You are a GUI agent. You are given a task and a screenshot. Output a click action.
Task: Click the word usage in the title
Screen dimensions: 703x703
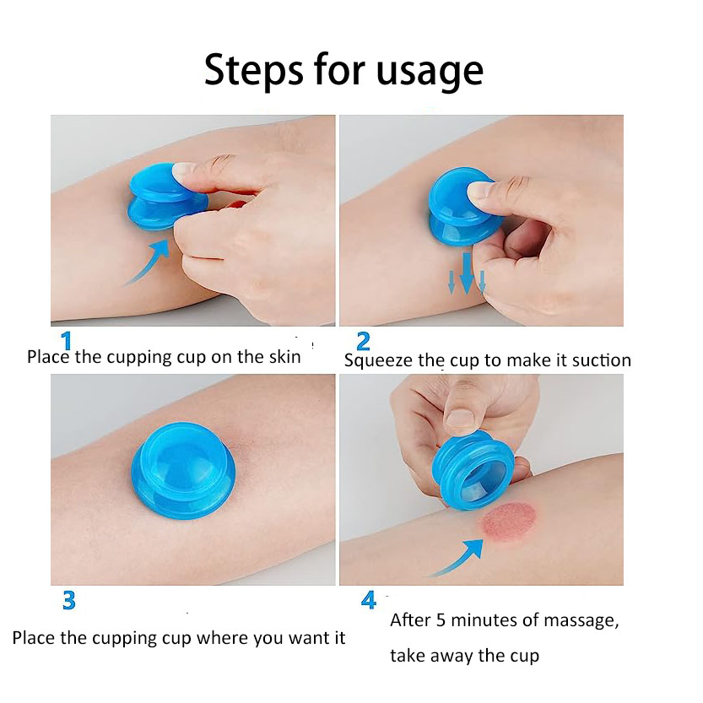[431, 73]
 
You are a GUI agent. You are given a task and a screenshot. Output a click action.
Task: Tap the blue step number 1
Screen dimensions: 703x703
[67, 340]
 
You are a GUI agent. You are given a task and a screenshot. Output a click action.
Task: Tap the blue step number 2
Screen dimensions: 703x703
[363, 341]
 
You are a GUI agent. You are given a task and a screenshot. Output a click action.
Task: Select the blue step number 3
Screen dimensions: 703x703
[68, 600]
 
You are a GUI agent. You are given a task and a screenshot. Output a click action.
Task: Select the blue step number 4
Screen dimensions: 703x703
[368, 600]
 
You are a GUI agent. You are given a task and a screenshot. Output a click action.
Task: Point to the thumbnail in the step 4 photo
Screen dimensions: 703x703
[460, 415]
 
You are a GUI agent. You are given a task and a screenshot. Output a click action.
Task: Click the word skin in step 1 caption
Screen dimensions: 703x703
[284, 356]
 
